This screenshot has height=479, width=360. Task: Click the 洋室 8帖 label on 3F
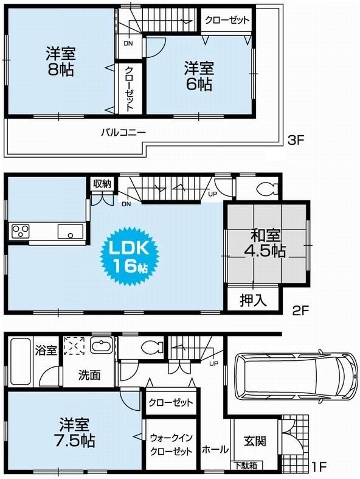coord(60,61)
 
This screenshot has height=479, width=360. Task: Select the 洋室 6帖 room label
coord(198,75)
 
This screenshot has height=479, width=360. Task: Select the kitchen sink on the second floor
coord(71,232)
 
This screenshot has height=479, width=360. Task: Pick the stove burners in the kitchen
coord(20,231)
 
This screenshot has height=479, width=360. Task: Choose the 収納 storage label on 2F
coord(102,184)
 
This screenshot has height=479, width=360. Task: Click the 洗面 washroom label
coord(89,375)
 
